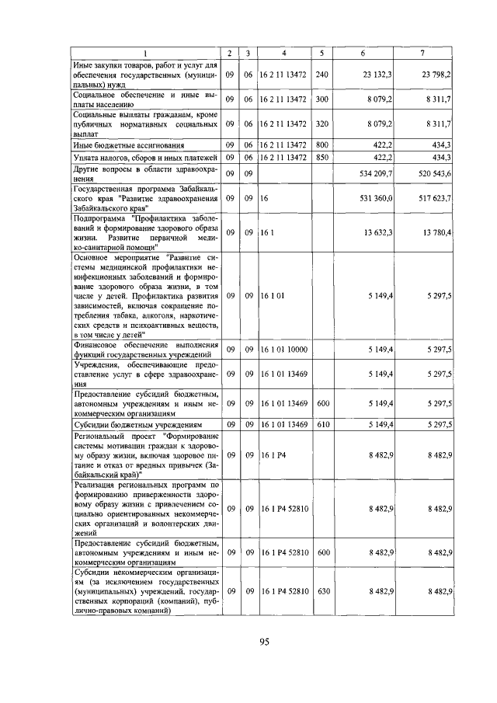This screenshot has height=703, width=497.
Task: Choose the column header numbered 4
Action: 283,52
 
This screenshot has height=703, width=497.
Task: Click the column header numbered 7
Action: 422,52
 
